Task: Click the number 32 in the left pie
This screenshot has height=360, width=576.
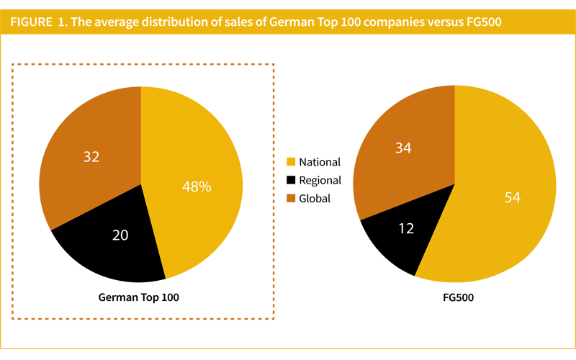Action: [91, 156]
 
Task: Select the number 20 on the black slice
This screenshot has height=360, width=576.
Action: [122, 234]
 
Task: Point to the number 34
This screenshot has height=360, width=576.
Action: [403, 148]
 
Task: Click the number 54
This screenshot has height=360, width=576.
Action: [512, 197]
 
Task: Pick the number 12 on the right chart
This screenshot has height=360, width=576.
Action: [406, 228]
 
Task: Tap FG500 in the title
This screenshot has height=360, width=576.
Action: [482, 22]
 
